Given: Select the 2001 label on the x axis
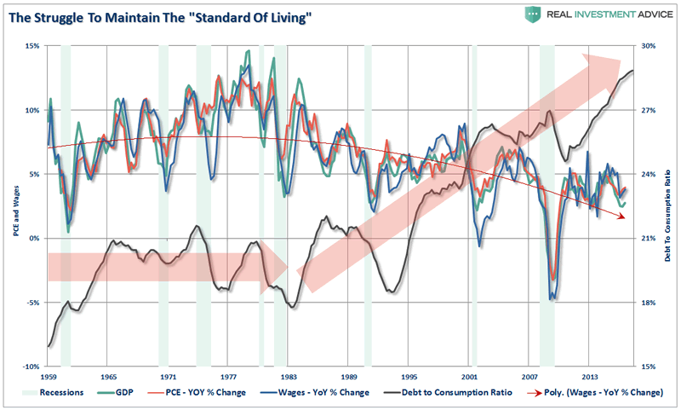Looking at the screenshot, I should [x=469, y=376].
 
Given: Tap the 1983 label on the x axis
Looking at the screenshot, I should [x=289, y=376].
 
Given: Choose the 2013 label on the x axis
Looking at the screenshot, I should [x=589, y=376].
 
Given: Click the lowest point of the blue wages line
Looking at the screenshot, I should [x=553, y=298].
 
